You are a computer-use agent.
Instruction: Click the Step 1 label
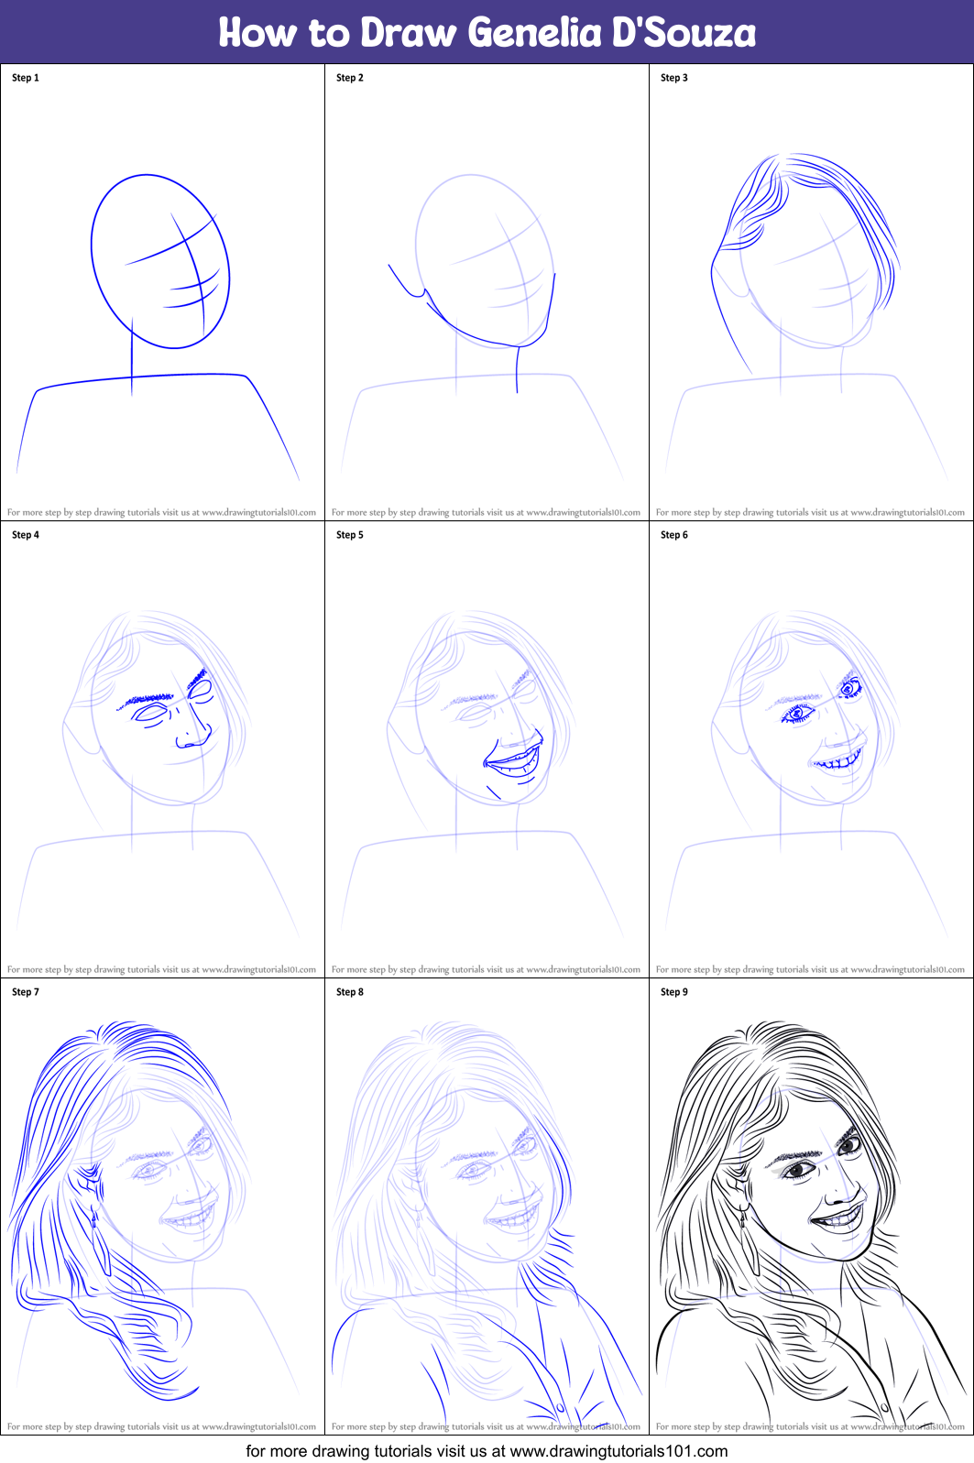pos(26,78)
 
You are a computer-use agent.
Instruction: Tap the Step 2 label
pos(350,78)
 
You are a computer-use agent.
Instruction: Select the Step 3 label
pos(674,78)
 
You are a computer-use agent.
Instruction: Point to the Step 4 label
pos(26,535)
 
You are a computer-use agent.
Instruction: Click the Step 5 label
pos(350,535)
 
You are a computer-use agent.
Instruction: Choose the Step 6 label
pos(674,535)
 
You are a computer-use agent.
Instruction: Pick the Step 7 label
pos(26,992)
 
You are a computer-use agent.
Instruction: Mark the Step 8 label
pos(350,992)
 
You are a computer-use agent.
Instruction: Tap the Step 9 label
pos(674,992)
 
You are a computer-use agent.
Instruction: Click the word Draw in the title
pos(408,33)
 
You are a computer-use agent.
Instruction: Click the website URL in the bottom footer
pos(618,1451)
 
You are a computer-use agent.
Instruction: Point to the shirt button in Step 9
pos(884,1407)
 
